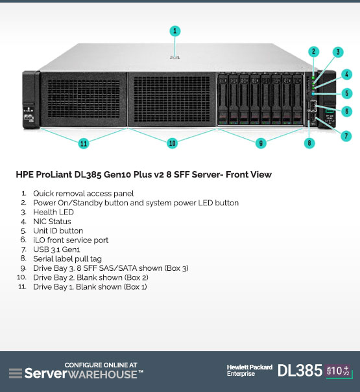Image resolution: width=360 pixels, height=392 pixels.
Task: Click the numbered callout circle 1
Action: point(174,31)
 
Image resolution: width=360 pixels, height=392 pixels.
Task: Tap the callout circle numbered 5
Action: point(347,93)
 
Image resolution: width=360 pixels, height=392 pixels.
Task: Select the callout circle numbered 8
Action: point(309,143)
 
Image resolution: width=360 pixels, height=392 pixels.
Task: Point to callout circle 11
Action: point(84,143)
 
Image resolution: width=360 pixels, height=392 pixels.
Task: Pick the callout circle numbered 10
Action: point(173,143)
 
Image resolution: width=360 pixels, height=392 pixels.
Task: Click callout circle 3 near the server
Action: point(338,52)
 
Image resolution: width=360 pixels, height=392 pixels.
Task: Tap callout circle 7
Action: point(346,136)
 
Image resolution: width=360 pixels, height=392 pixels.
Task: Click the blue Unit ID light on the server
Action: point(313,94)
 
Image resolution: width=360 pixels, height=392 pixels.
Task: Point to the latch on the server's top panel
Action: point(174,57)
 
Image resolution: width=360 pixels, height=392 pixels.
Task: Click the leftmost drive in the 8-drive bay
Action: point(222,100)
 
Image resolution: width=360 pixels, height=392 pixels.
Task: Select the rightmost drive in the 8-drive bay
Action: point(298,100)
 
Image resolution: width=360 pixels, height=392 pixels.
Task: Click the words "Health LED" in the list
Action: point(53,213)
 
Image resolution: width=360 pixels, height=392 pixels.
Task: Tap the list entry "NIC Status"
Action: point(52,222)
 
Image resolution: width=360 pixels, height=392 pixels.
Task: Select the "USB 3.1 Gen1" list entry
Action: point(56,249)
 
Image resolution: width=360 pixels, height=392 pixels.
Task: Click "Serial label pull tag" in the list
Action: point(67,259)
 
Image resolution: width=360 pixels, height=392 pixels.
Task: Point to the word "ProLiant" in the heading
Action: point(54,174)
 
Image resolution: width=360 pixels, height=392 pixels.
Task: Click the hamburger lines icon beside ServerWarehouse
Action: point(16,373)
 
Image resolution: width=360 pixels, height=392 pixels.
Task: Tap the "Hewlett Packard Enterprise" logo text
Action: point(250,371)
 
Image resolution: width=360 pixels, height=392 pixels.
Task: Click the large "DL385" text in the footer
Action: point(300,371)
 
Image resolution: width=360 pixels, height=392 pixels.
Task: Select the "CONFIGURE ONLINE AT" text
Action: point(101,365)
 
